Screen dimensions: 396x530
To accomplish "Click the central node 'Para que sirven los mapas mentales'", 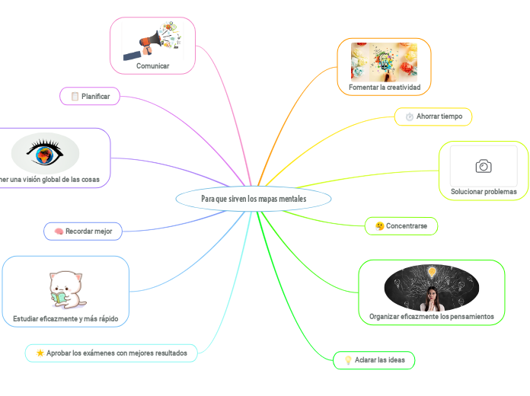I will [254, 199].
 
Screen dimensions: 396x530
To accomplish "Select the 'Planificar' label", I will [96, 96].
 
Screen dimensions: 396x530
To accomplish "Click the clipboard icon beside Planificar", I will [75, 96].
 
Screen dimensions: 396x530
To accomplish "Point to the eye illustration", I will [45, 152].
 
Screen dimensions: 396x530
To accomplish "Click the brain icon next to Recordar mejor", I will [59, 231].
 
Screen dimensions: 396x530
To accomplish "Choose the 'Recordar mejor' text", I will [88, 231].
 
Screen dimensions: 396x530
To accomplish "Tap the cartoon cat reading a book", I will [66, 289].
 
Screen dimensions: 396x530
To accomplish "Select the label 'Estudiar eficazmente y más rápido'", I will [65, 318].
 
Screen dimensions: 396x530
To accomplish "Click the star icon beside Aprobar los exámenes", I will [40, 353].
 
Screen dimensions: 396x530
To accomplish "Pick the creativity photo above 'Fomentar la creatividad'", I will [384, 61].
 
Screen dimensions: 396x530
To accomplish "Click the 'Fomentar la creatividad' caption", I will [385, 88].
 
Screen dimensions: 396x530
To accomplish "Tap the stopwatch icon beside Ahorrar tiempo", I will [409, 117].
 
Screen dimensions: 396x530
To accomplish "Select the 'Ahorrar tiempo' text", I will [439, 117].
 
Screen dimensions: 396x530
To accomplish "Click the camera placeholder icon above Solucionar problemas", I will [483, 166].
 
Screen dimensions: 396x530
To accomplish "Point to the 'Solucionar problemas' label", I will [484, 191].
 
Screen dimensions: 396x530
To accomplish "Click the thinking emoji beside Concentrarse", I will [379, 226].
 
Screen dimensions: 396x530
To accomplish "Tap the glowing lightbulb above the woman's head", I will [432, 271].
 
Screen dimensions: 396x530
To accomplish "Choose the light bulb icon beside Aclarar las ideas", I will [348, 360].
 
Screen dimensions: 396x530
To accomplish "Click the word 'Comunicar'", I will [153, 66].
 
